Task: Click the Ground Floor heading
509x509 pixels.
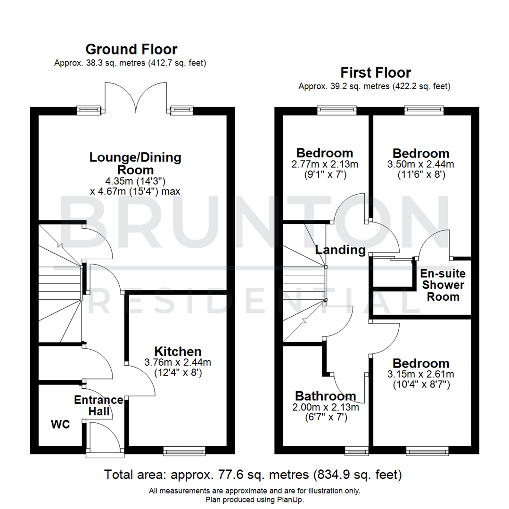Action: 131,49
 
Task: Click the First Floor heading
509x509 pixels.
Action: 376,73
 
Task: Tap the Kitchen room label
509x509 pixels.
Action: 178,351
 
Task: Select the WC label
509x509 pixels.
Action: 60,424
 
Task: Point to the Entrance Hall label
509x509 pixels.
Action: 99,406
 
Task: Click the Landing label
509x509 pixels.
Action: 340,249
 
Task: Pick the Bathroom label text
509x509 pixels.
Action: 326,396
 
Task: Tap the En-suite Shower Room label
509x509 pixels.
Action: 443,285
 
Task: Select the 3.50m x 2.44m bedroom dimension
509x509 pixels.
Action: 421,164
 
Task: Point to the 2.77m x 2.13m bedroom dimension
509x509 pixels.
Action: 324,164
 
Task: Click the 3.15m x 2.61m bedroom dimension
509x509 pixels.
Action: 421,375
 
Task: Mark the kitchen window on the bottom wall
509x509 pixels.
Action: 184,452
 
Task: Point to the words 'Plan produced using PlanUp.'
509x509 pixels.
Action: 254,499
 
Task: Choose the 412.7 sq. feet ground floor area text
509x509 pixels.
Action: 177,63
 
